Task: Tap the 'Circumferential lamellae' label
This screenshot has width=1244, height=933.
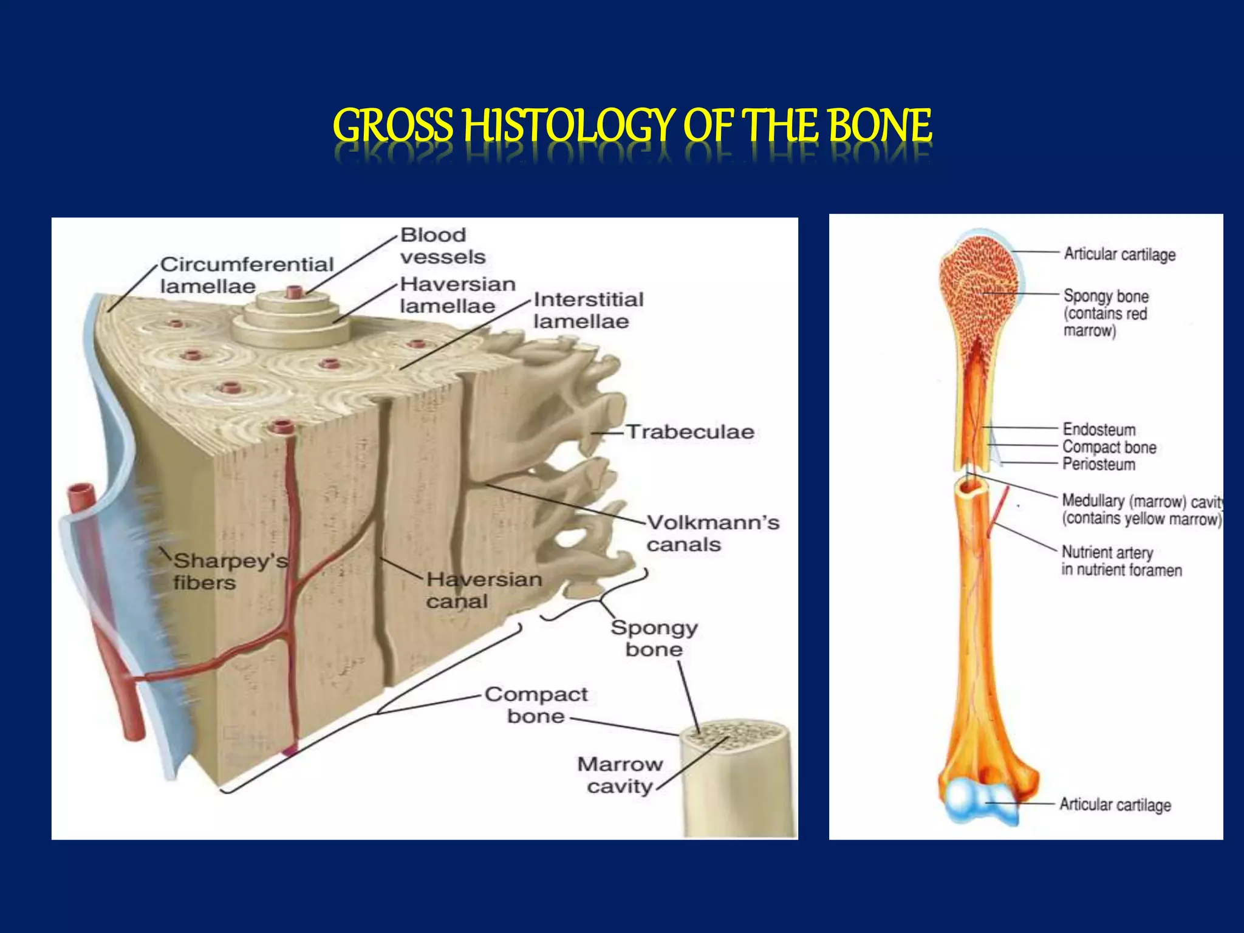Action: click(x=247, y=275)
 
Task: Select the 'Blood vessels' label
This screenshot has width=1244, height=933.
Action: click(x=442, y=246)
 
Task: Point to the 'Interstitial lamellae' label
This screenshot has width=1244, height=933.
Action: click(x=588, y=310)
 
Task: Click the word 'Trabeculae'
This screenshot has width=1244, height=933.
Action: click(x=690, y=432)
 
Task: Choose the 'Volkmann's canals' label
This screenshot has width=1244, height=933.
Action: click(x=713, y=533)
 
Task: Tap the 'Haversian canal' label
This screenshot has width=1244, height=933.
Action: click(x=484, y=590)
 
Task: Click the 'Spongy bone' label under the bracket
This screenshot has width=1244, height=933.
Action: click(x=654, y=638)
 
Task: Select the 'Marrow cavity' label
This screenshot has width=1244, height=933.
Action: click(x=620, y=775)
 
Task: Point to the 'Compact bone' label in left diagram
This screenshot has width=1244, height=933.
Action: click(x=536, y=705)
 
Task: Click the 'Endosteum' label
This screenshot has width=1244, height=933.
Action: click(x=1099, y=429)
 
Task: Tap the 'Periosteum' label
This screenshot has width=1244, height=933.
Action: click(x=1098, y=465)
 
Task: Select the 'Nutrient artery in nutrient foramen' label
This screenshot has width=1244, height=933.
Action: click(x=1121, y=561)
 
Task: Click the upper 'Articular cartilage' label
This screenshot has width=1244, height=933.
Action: click(x=1119, y=254)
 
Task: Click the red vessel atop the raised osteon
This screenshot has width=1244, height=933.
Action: click(x=295, y=292)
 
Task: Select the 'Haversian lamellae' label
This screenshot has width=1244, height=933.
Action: click(x=457, y=295)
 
